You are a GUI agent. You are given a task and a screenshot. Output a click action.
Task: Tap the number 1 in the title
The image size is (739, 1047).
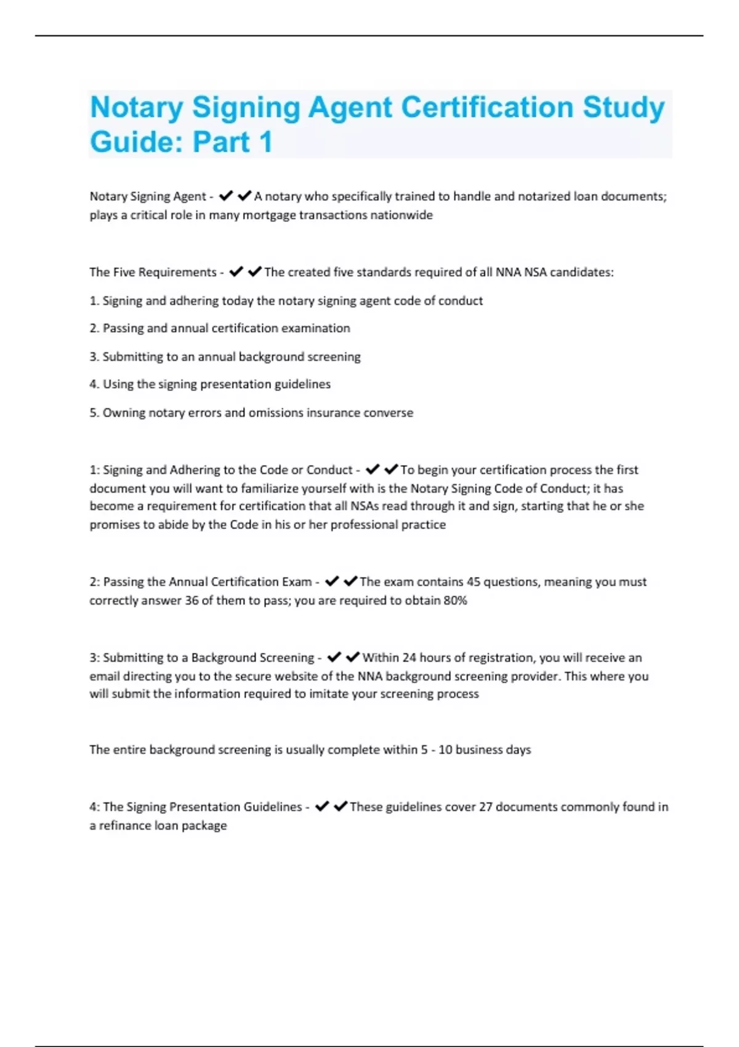266,142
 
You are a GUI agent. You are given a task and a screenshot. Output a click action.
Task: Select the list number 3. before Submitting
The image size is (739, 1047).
94,357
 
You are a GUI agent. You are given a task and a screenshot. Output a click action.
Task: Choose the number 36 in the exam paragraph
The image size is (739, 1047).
192,600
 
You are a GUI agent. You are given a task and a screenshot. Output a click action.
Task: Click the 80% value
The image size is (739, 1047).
455,600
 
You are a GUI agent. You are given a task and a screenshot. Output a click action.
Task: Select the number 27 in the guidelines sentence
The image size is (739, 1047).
485,807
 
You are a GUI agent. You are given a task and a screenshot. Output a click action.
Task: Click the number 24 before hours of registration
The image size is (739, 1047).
410,658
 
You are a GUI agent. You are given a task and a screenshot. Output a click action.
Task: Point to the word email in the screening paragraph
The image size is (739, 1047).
105,676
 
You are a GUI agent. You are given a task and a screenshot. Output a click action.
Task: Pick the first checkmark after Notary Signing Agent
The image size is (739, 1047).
226,196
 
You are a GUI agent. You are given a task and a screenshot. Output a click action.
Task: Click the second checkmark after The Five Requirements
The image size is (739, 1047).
255,272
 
